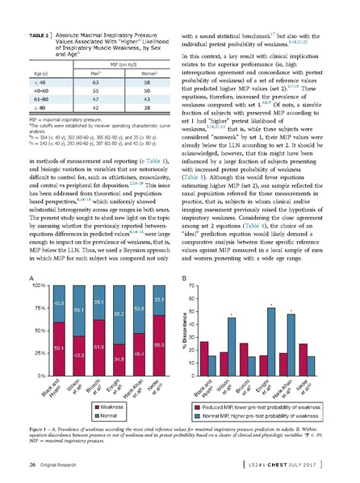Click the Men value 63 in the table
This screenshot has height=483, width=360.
click(x=94, y=81)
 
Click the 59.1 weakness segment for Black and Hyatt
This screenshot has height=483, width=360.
click(x=58, y=347)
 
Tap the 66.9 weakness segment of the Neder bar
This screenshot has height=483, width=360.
click(x=160, y=344)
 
